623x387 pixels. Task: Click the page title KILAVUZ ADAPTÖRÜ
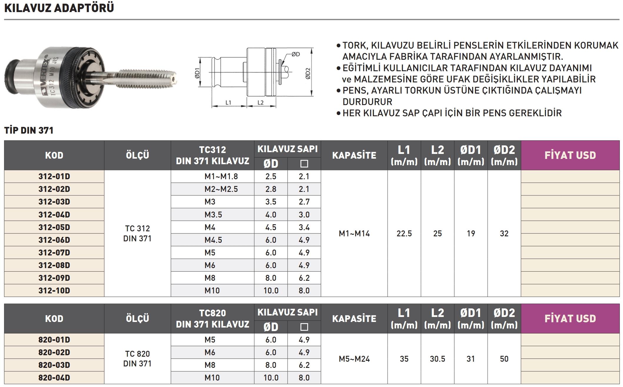tap(59, 8)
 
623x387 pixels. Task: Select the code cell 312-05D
tap(54, 227)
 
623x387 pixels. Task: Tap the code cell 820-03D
tap(54, 365)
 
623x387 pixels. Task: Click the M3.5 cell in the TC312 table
tap(213, 215)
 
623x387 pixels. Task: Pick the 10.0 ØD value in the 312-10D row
tap(271, 290)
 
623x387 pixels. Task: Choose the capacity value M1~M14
tap(354, 234)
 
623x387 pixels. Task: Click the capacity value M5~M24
tap(354, 359)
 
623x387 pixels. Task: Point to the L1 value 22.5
tap(404, 234)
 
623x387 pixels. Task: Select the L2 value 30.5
tap(437, 359)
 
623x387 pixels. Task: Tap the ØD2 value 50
tap(504, 359)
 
